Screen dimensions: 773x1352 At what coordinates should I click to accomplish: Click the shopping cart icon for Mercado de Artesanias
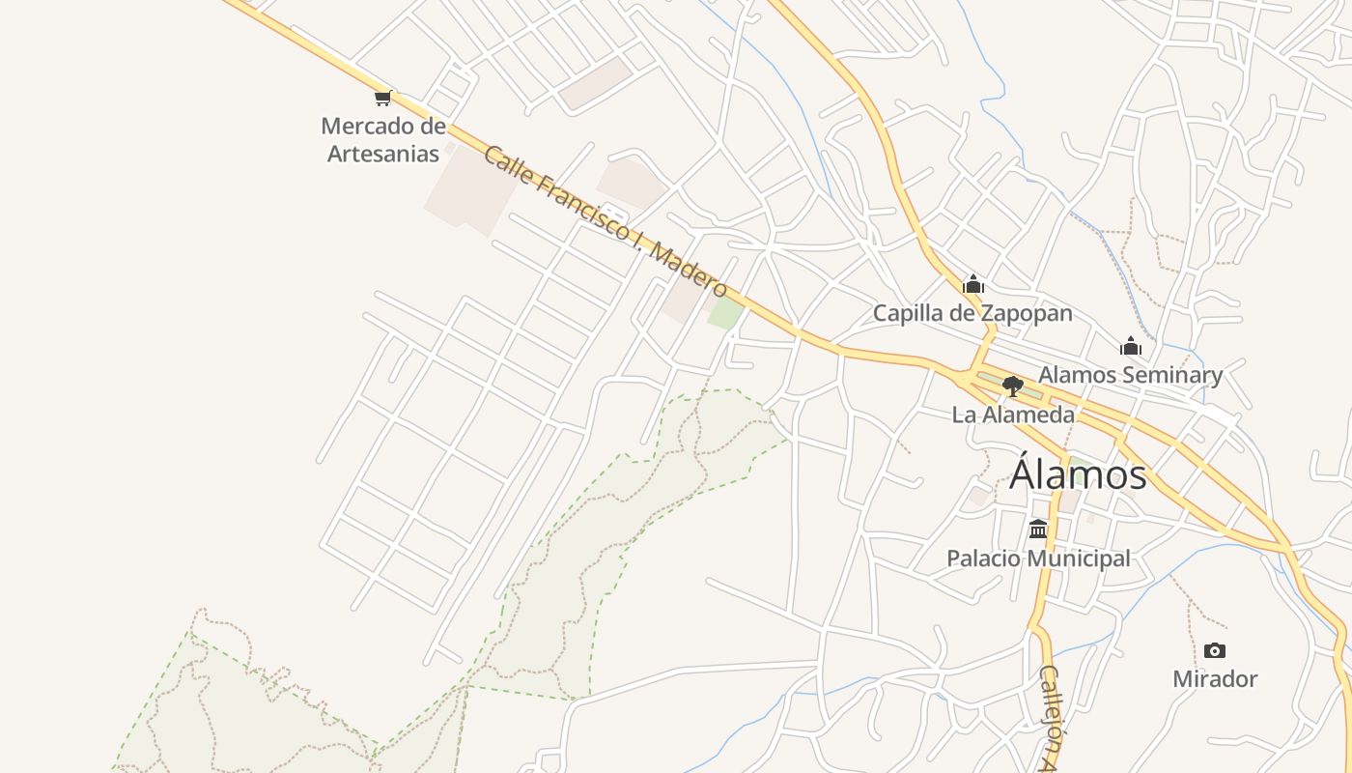(x=383, y=97)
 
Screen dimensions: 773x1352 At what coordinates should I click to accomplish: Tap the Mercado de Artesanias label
(x=383, y=139)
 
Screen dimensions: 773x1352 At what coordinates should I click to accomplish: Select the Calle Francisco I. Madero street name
(x=605, y=221)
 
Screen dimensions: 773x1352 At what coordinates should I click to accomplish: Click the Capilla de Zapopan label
(x=972, y=313)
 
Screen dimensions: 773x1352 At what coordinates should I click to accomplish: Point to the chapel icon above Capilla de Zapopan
(x=973, y=284)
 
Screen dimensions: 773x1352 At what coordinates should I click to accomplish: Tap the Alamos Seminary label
(x=1130, y=375)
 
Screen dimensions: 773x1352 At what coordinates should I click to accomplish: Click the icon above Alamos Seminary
(x=1131, y=346)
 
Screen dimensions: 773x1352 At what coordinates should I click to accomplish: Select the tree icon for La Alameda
(x=1012, y=386)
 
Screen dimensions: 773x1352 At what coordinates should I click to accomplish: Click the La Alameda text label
(x=1013, y=415)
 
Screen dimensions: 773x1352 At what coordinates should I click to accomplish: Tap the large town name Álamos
(x=1078, y=474)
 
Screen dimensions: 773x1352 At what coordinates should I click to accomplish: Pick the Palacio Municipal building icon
(x=1038, y=529)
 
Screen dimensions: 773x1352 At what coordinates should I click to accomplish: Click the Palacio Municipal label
(x=1038, y=558)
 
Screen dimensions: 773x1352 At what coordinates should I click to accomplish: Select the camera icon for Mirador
(x=1215, y=650)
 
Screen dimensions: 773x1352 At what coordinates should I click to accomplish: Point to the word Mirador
(x=1215, y=679)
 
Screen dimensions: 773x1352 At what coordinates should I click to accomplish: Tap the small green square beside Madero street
(x=725, y=312)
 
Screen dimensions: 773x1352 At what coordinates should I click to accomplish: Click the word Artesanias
(x=383, y=154)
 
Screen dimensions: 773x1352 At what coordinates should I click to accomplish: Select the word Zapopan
(x=1027, y=313)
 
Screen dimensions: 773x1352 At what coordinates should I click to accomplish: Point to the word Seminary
(x=1176, y=375)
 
